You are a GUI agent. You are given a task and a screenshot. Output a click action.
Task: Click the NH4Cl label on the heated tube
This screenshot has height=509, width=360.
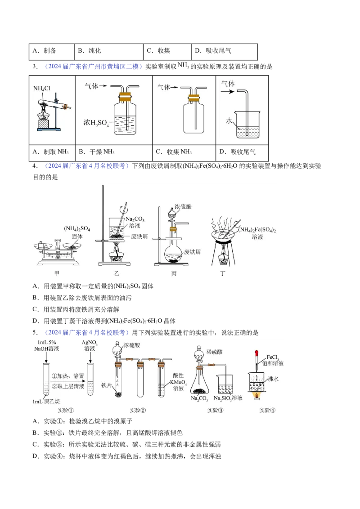click(x=43, y=88)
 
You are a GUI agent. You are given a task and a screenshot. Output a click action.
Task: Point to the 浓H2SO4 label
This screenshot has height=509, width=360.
click(x=96, y=122)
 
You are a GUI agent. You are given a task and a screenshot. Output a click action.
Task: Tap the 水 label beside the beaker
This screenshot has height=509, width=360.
click(x=229, y=121)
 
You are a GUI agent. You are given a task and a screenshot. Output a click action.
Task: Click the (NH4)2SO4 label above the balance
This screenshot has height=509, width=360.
click(x=77, y=229)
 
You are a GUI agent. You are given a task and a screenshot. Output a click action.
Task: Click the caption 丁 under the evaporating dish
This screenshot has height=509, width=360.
click(x=223, y=272)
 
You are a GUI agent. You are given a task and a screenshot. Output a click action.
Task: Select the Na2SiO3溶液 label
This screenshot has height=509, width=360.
click(x=228, y=398)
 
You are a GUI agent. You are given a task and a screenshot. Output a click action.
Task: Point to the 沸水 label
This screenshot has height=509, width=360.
click(x=273, y=379)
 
